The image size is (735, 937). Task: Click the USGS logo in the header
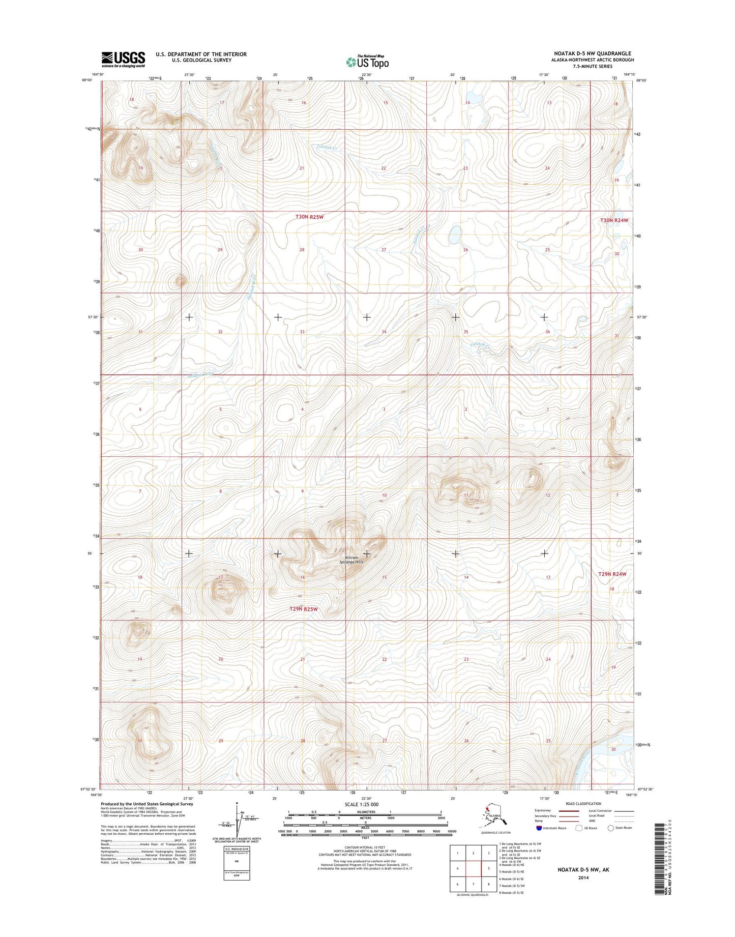click(123, 60)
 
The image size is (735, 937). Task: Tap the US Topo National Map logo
click(367, 62)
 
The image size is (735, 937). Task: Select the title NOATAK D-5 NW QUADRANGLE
click(593, 53)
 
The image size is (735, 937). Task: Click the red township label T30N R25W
click(309, 217)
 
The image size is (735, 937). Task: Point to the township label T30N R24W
click(614, 220)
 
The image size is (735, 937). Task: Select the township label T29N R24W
click(612, 574)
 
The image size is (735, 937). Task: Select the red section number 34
click(384, 332)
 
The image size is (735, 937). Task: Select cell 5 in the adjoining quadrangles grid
click(488, 868)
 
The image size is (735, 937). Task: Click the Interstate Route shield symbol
click(539, 828)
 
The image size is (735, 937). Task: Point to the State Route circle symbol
click(610, 828)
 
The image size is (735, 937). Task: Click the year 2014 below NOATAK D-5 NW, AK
click(583, 877)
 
